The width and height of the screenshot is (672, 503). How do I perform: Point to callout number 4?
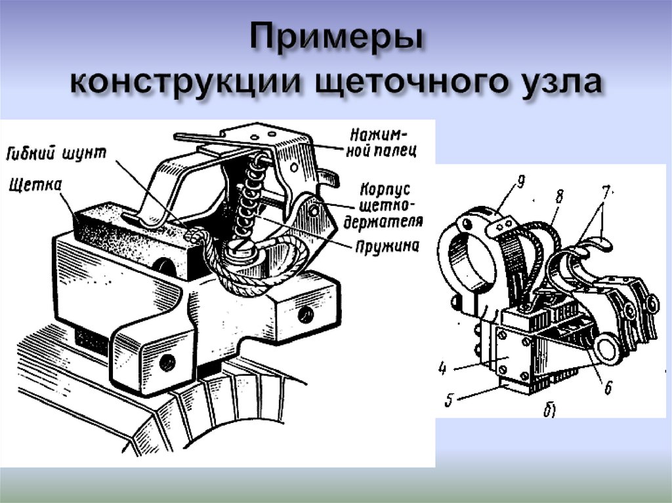[442, 369]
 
